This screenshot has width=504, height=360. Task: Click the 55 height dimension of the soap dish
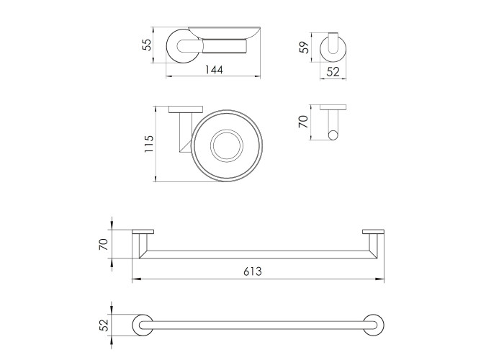click(146, 45)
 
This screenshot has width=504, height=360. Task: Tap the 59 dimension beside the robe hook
click(304, 48)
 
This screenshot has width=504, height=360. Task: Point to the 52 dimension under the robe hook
click(333, 72)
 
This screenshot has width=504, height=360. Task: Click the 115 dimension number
click(149, 144)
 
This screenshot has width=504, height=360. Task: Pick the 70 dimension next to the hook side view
click(303, 122)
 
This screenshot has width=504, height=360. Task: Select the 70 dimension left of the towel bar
click(104, 244)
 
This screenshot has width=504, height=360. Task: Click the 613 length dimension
click(252, 271)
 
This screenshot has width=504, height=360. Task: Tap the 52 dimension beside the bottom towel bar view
click(104, 325)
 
